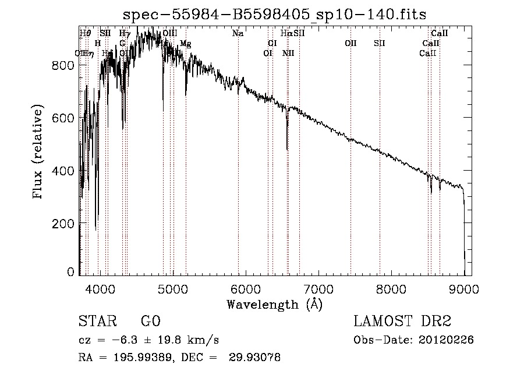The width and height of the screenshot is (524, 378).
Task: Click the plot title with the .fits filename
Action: (x=275, y=15)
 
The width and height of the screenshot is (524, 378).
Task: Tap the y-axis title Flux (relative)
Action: (x=39, y=153)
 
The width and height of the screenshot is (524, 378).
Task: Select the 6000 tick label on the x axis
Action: (x=246, y=288)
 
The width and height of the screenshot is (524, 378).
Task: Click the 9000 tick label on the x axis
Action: (x=464, y=288)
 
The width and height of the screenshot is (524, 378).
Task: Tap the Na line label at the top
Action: (x=238, y=33)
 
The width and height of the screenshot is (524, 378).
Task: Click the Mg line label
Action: (x=185, y=44)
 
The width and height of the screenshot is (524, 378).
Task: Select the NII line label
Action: (x=288, y=53)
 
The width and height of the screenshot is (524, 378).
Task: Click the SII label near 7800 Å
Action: (x=380, y=43)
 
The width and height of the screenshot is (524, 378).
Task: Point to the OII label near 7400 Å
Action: (x=350, y=43)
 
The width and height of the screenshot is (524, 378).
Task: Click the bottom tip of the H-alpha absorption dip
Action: (x=287, y=149)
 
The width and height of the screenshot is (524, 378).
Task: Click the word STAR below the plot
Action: (x=97, y=322)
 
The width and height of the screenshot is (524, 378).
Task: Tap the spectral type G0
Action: (x=150, y=322)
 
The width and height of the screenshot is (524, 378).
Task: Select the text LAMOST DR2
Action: (x=402, y=322)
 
